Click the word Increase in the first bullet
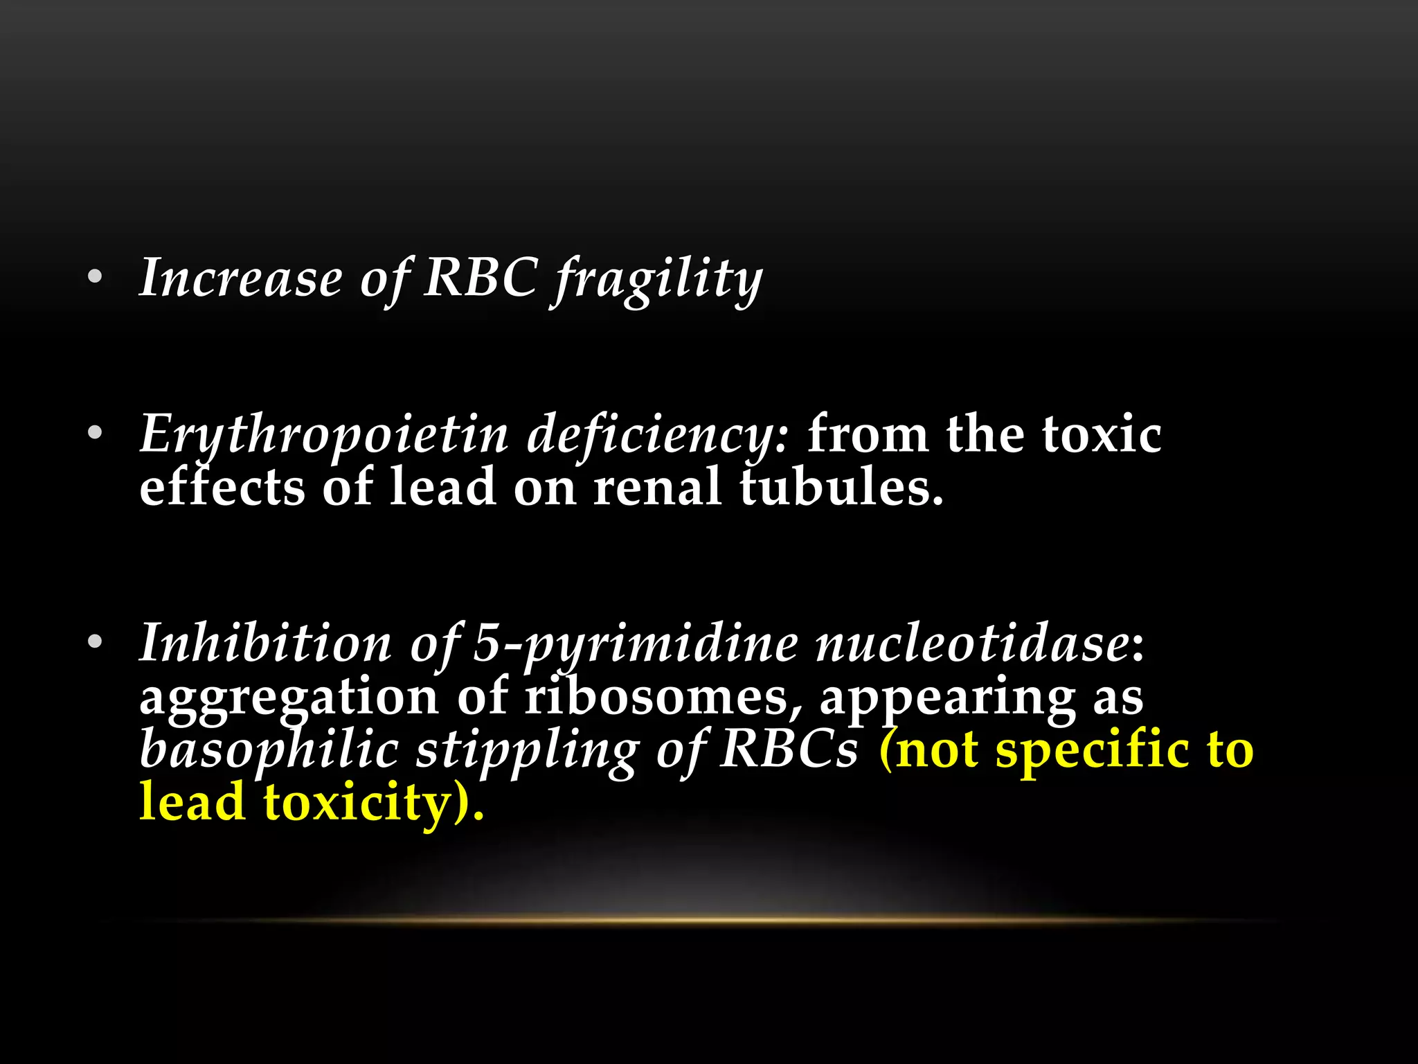click(x=240, y=278)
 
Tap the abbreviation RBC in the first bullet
click(x=480, y=278)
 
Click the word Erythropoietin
click(x=324, y=435)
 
